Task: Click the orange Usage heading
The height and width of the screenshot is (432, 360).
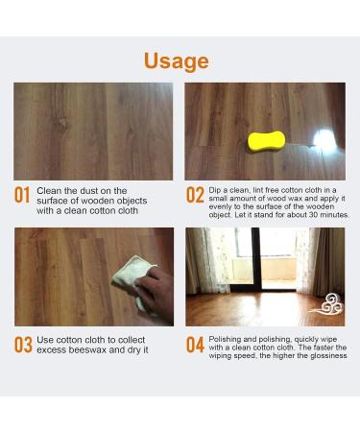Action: pos(176,61)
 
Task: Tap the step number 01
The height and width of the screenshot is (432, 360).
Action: pos(22,196)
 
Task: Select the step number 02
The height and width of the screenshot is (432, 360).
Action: pos(195,196)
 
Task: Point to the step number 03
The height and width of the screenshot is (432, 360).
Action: pos(22,344)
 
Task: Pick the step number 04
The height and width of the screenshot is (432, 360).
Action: pos(195,344)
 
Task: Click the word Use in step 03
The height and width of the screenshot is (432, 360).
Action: pos(48,338)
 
